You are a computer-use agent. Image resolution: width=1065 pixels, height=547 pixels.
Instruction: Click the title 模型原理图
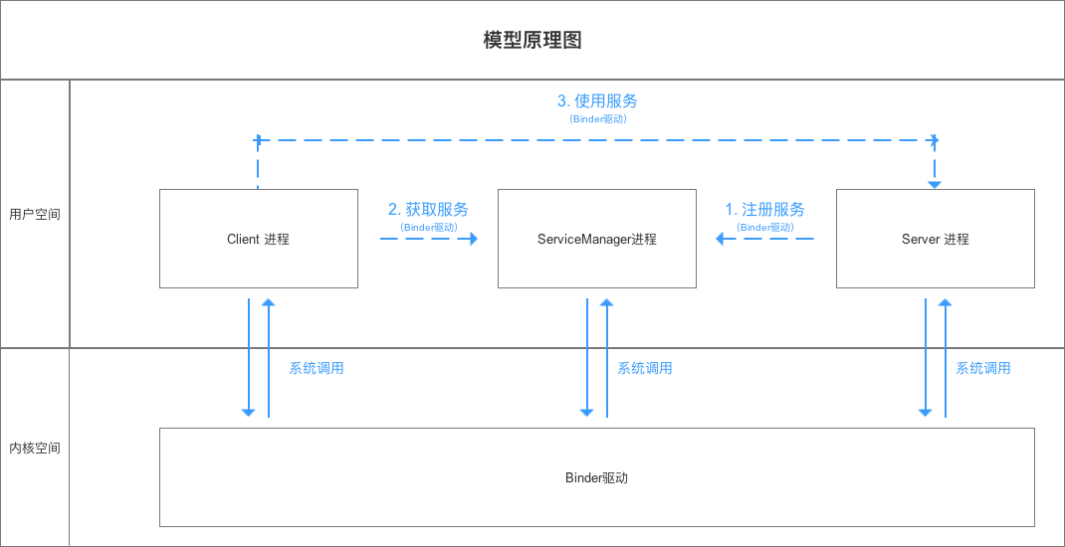(x=532, y=40)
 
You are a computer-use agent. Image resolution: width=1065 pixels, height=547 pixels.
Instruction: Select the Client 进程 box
(x=258, y=239)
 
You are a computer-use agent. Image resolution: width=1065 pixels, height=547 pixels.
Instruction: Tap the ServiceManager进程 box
(x=597, y=239)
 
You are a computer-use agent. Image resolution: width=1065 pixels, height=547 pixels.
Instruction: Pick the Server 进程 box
(x=935, y=239)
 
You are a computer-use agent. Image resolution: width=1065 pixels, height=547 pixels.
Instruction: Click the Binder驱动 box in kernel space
(x=596, y=477)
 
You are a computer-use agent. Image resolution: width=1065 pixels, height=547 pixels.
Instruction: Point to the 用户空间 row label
(x=35, y=214)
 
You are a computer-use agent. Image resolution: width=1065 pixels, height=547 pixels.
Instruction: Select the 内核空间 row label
(x=35, y=448)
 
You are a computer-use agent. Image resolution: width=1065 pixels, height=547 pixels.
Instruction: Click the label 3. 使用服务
(x=597, y=100)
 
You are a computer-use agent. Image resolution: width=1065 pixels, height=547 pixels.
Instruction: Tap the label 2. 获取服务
(x=428, y=209)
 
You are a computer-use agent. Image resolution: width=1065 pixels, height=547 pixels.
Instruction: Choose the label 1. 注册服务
(x=764, y=209)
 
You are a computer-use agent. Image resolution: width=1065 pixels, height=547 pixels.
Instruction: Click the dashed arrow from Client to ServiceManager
(x=428, y=239)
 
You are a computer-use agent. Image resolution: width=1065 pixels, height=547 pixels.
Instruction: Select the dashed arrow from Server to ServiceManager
(x=764, y=239)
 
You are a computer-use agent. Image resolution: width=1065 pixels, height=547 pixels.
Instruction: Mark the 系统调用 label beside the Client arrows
(x=317, y=368)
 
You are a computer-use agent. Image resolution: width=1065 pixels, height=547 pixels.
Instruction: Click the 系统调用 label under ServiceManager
(x=645, y=368)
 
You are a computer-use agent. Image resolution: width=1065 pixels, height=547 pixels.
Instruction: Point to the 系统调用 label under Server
(x=983, y=368)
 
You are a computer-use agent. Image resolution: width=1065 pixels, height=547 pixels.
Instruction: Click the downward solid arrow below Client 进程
(x=249, y=358)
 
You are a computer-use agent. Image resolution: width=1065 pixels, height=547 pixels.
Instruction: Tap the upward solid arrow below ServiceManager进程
(x=606, y=358)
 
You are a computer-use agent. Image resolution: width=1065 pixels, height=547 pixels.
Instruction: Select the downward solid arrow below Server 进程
(x=925, y=358)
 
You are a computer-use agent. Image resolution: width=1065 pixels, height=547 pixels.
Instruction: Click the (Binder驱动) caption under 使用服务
(x=597, y=118)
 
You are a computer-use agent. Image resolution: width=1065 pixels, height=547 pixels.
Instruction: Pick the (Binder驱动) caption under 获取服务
(x=428, y=227)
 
